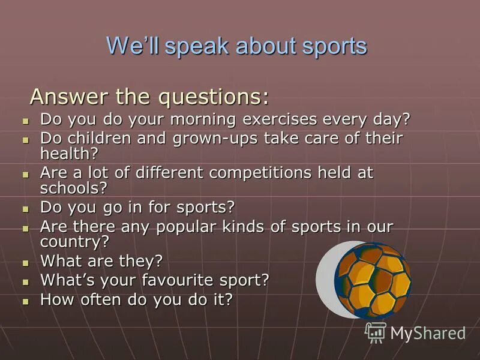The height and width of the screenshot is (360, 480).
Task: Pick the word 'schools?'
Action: coord(73,188)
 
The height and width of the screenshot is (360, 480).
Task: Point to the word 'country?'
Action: coord(74,242)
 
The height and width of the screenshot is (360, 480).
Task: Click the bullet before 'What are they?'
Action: coord(25,263)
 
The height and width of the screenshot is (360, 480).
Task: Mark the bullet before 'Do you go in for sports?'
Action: coord(25,209)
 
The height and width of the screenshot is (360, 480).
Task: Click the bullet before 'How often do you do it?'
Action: coord(25,301)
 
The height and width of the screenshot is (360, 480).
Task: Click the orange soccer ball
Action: coord(373,279)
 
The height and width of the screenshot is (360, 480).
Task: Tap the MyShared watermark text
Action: coord(427,334)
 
